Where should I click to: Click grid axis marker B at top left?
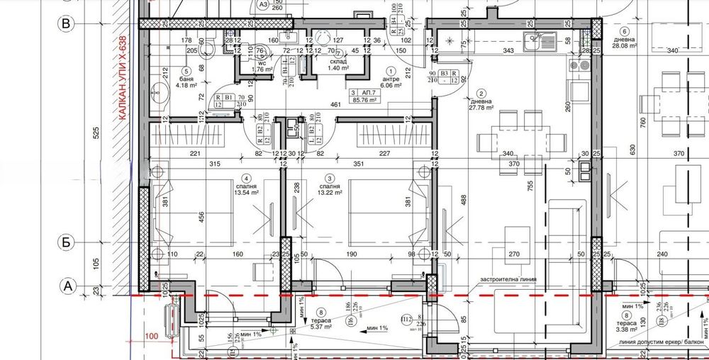pos(66,23)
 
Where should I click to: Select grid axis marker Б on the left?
pos(66,242)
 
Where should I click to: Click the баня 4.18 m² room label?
pos(186,80)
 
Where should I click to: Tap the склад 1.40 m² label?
pos(337,64)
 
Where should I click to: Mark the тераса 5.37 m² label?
pos(323,323)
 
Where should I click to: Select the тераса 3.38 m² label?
pos(625,324)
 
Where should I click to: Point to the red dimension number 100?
pos(150,337)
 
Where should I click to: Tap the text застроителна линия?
pos(508,280)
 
